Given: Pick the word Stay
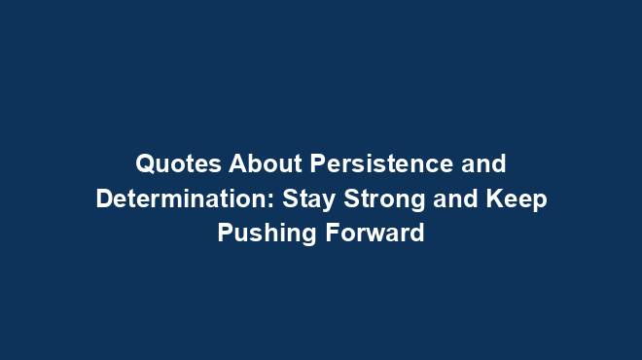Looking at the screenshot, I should click(x=307, y=198).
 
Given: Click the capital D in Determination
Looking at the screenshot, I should click(x=103, y=198).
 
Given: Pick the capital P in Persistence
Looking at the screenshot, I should click(x=317, y=162).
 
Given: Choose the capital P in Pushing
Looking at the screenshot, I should click(x=226, y=234).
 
